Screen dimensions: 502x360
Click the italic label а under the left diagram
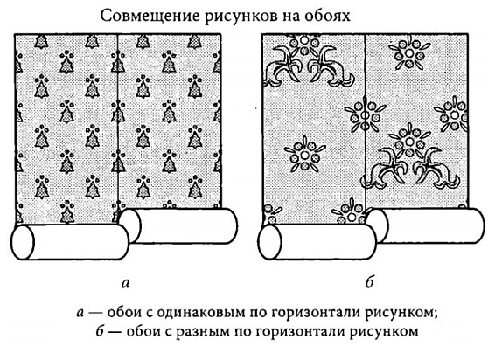pos(126,283)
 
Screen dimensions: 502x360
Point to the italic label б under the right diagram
pos(370,281)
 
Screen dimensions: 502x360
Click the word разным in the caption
pos(203,331)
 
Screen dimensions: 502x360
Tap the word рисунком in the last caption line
pos(384,331)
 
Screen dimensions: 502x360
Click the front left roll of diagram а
pos(70,242)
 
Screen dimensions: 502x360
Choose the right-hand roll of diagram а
pos(178,226)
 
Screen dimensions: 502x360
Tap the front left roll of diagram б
pos(317,242)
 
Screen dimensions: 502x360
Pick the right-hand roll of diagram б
pos(426,225)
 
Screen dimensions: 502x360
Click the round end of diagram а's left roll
pos(23,242)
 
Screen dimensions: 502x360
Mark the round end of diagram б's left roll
pos(269,242)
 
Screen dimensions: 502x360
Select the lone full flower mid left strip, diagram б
pos(304,155)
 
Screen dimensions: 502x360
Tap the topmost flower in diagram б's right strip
pos(408,52)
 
